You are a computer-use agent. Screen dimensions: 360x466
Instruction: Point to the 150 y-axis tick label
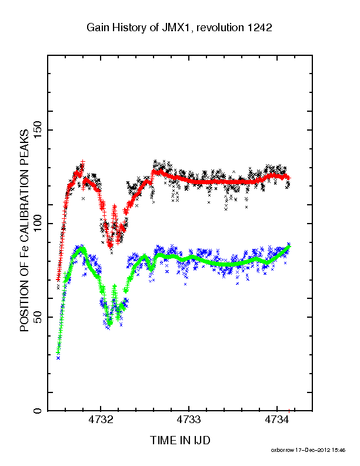(x=38, y=130)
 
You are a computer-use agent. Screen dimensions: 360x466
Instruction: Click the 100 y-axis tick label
(x=38, y=224)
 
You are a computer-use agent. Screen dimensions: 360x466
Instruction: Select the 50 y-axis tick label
(x=38, y=317)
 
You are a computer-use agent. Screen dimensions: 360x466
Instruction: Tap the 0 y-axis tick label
(x=38, y=411)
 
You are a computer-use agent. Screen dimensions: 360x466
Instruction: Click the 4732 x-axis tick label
(x=101, y=420)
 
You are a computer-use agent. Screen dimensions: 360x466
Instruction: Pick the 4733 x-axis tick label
(x=189, y=420)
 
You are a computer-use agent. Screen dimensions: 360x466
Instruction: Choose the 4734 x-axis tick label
(x=277, y=420)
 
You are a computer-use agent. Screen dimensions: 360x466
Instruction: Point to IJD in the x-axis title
(x=202, y=440)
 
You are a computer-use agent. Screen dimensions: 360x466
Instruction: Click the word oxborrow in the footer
(x=282, y=450)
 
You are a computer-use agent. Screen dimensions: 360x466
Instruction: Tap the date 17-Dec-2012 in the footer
(x=312, y=450)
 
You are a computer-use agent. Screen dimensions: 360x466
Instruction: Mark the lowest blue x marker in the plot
(x=58, y=358)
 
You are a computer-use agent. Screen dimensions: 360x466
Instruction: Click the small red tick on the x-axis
(x=289, y=411)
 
